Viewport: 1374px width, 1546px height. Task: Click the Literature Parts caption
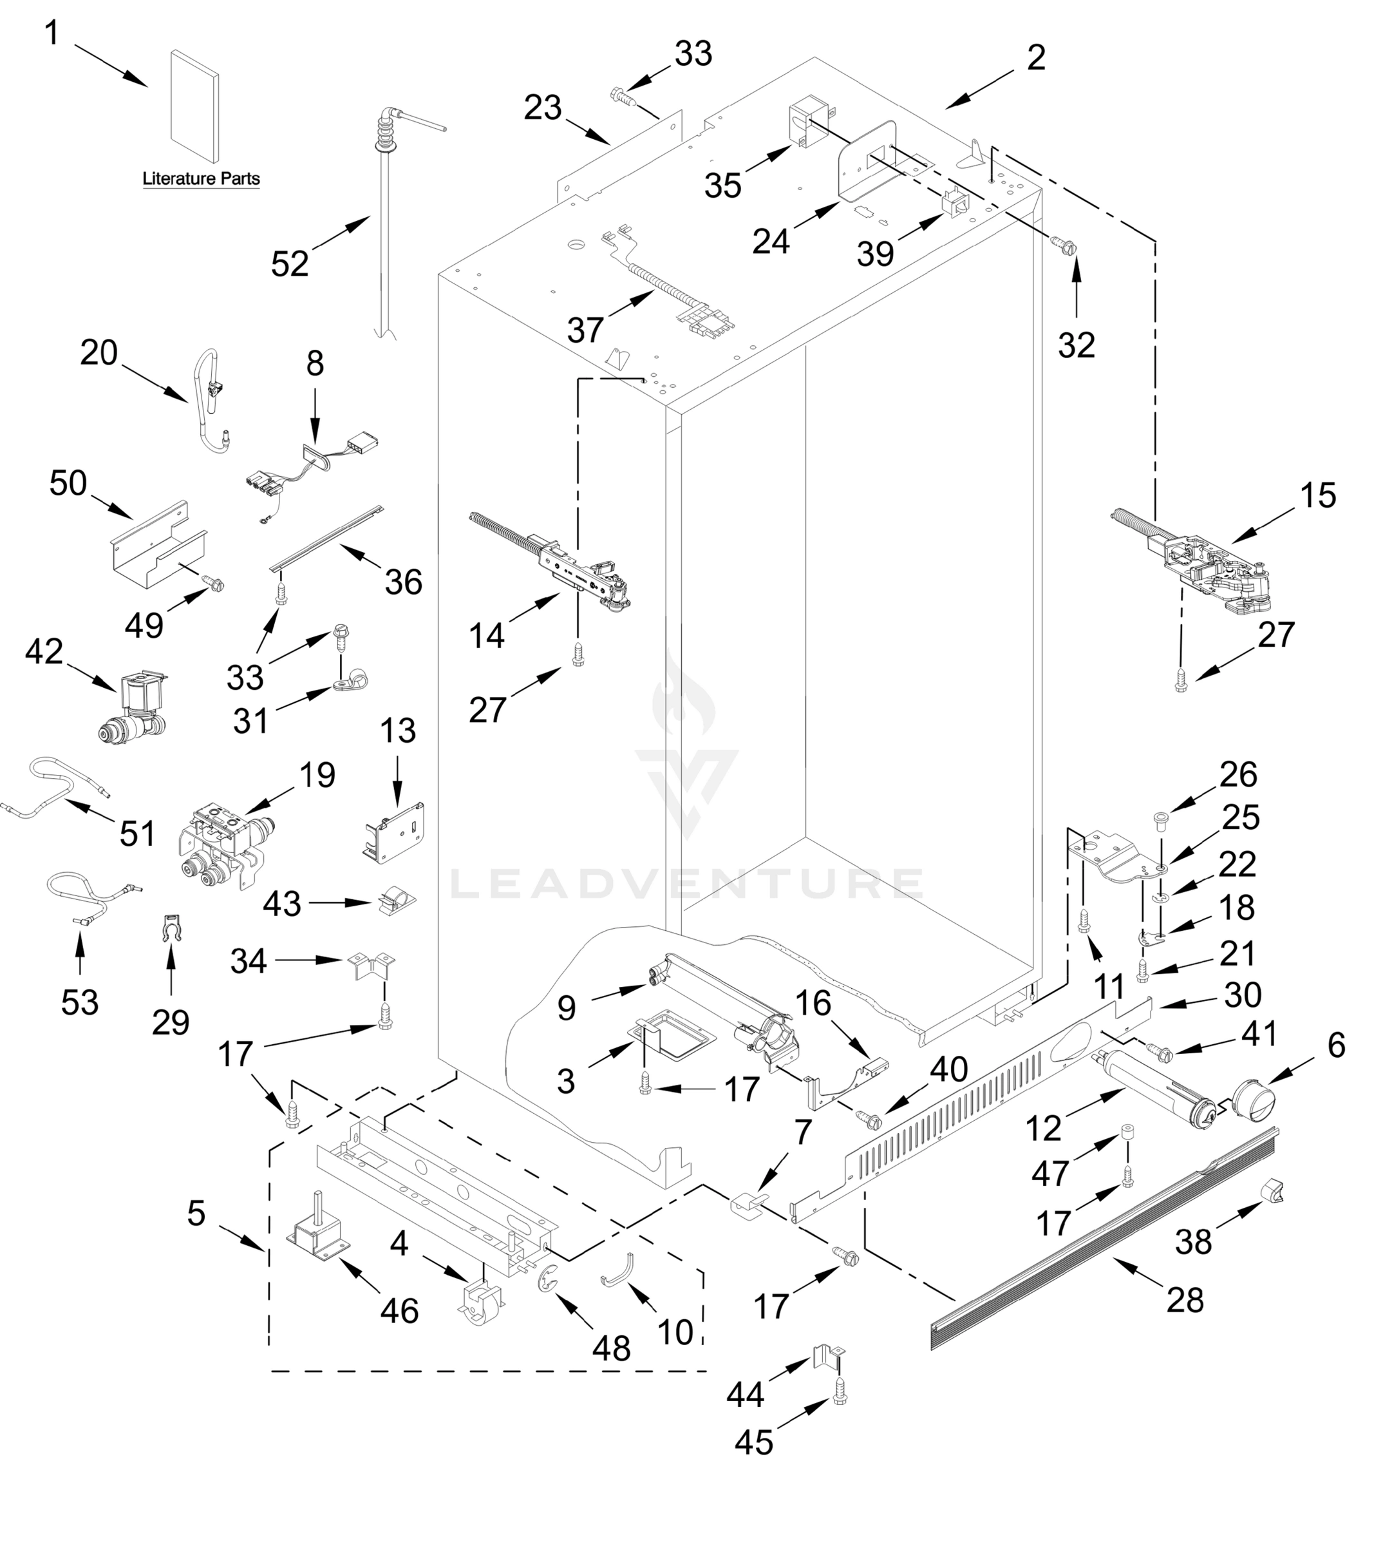[x=201, y=179]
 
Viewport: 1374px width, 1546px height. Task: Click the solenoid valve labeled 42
[x=135, y=708]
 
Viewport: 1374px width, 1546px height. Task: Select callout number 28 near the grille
[x=1185, y=1300]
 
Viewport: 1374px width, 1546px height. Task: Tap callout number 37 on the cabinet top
[x=585, y=330]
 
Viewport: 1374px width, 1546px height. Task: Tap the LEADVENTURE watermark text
[x=686, y=883]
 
